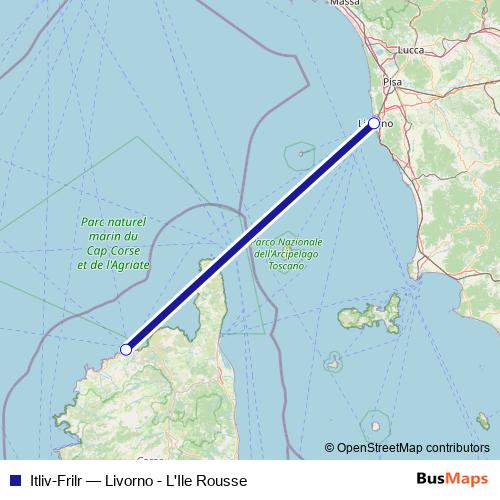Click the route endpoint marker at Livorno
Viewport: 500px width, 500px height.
point(374,123)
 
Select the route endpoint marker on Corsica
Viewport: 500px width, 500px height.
point(126,349)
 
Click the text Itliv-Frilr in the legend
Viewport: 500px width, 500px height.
point(58,480)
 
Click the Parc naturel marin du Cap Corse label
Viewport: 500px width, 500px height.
point(113,243)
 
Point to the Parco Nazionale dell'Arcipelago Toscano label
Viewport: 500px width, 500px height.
point(287,256)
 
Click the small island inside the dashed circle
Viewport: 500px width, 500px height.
point(377,421)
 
